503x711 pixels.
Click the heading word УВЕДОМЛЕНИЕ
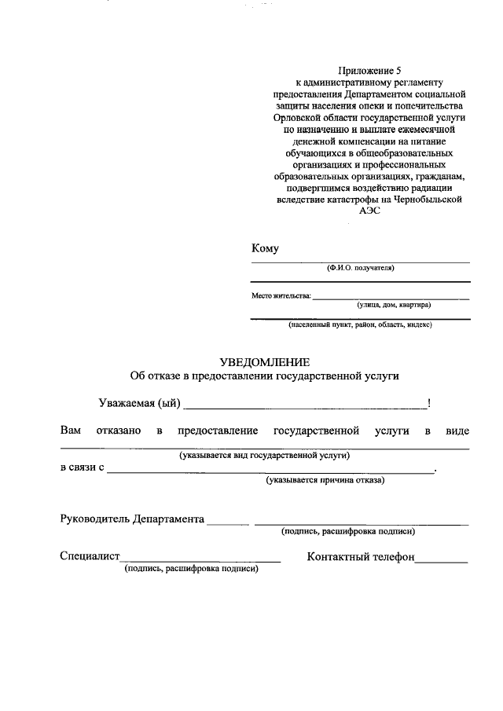click(x=265, y=362)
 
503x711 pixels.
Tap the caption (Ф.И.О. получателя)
click(x=361, y=268)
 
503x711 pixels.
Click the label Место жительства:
click(x=281, y=296)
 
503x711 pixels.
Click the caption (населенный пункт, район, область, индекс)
click(x=360, y=324)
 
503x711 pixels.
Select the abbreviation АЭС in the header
click(x=369, y=211)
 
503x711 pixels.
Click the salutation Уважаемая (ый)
click(x=140, y=404)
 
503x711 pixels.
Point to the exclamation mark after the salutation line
click(x=428, y=404)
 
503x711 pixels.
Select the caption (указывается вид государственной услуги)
click(x=264, y=455)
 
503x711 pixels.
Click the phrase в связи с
click(x=83, y=468)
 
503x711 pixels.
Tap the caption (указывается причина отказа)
click(x=325, y=479)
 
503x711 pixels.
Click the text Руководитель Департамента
click(x=132, y=519)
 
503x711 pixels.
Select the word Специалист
click(x=90, y=556)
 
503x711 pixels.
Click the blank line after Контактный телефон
click(x=441, y=560)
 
